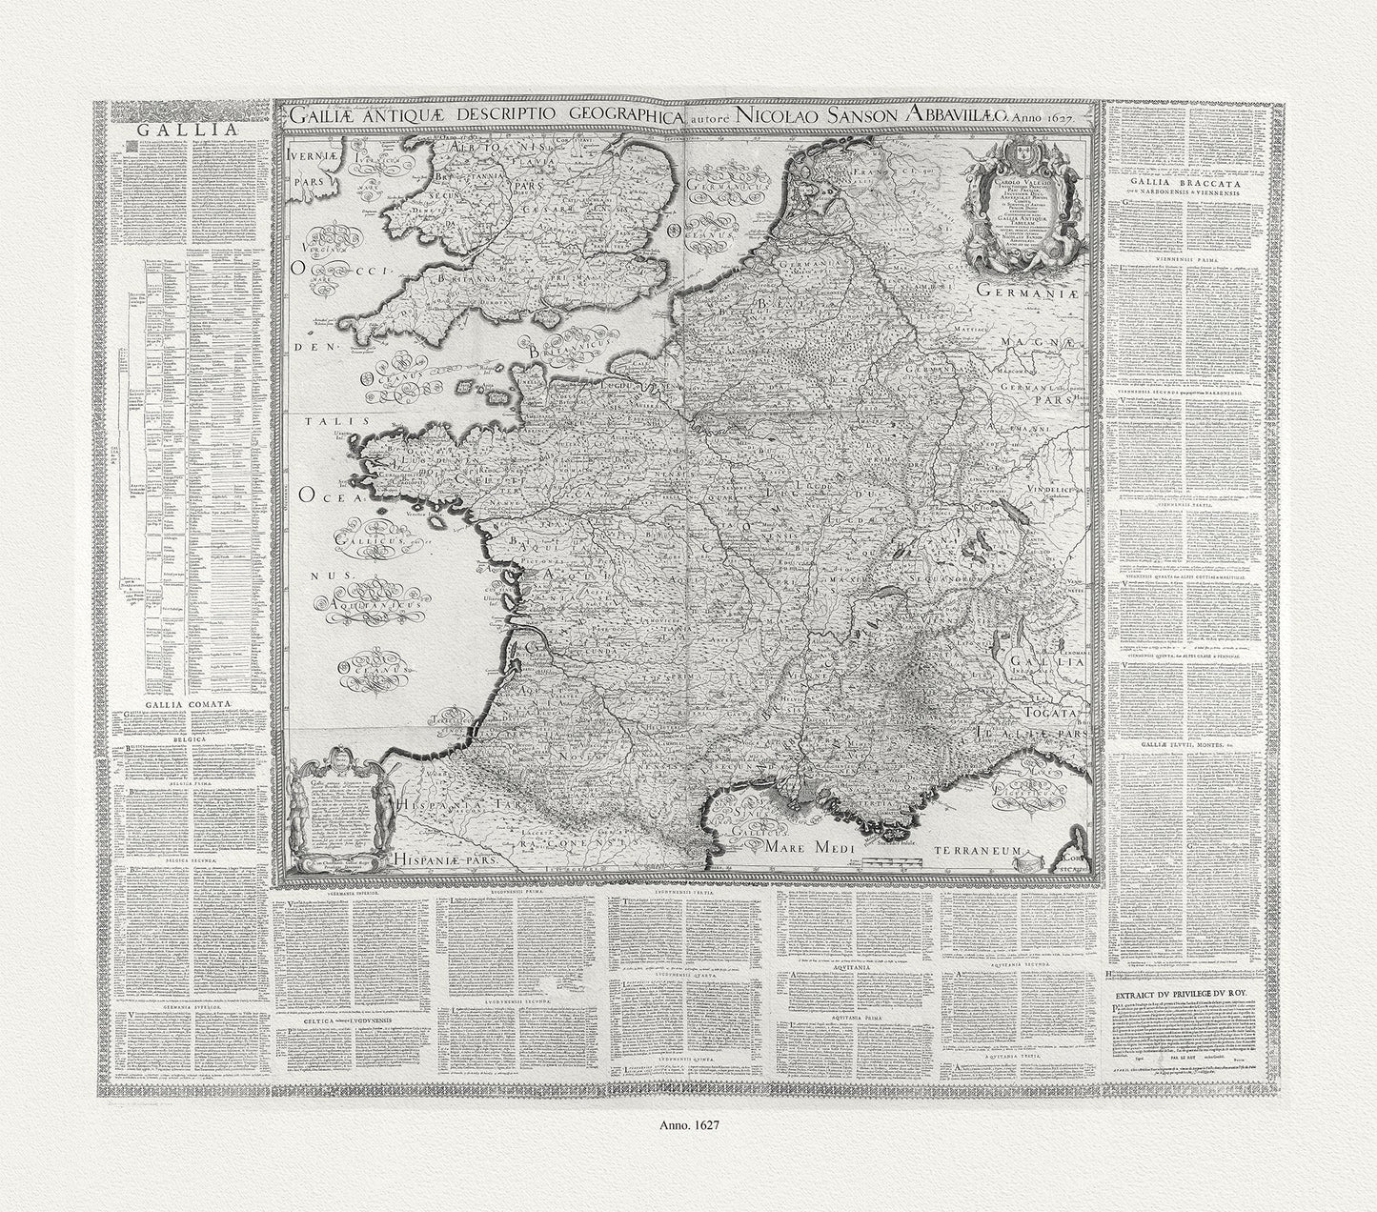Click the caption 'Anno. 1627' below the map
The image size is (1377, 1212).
click(688, 1123)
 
